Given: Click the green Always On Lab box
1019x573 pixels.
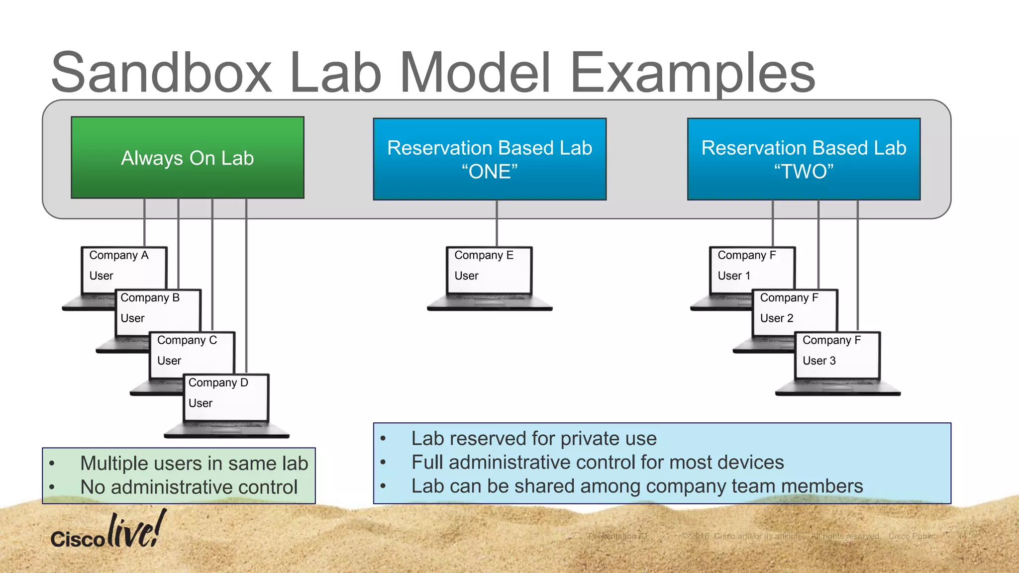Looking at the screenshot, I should click(188, 158).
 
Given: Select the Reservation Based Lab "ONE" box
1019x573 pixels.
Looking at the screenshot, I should click(490, 159).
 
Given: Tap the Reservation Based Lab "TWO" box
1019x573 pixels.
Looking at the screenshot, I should click(804, 159).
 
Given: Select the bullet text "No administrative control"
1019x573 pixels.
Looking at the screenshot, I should click(189, 487).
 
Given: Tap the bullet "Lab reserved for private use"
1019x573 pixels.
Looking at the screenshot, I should click(533, 438).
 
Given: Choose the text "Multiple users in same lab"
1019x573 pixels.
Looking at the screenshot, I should click(194, 463).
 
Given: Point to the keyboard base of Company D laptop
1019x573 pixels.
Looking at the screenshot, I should click(226, 430).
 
